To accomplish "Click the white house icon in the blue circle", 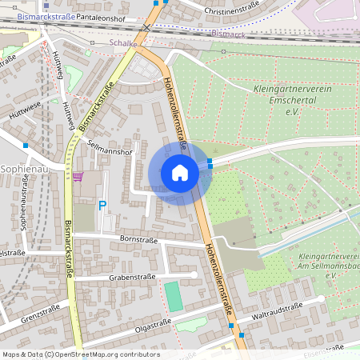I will (179, 173).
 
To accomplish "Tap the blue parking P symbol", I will (102, 206).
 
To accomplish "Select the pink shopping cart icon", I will (78, 176).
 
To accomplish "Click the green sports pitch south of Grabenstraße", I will (173, 296).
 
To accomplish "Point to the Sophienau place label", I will (23, 170).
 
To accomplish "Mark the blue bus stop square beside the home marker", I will (210, 162).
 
